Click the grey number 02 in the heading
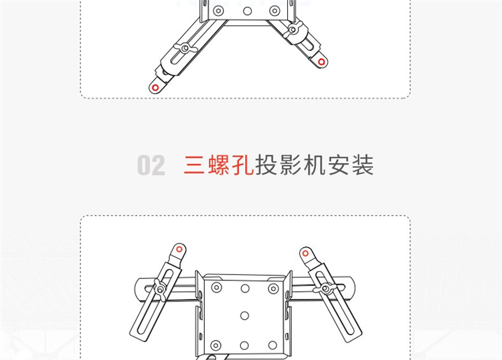pos(151,165)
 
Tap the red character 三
pos(194,165)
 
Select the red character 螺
pos(219,165)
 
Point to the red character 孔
pos(242,165)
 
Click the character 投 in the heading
pos(266,165)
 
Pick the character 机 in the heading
pos(315,165)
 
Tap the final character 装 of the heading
pos(363,165)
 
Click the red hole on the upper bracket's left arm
pos(155,88)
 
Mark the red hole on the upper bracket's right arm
pos(321,62)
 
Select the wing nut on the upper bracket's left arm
pos(185,48)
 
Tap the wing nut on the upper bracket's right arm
pos(292,29)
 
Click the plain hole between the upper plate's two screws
pos(247,11)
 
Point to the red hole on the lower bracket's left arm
pos(179,249)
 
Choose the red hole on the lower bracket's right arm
pos(305,254)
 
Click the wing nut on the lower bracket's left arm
pos(160,290)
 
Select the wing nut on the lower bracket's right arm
pos(325,288)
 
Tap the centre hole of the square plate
pos(244,316)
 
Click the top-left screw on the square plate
pos(217,287)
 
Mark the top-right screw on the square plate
pos(273,288)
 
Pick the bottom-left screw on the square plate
pos(216,345)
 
